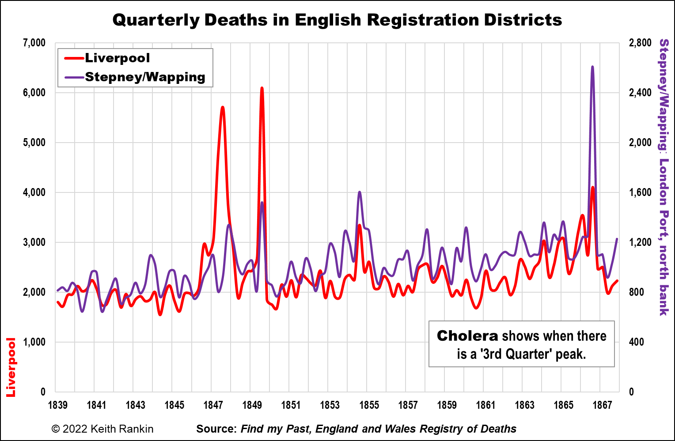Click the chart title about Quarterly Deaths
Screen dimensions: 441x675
click(x=337, y=20)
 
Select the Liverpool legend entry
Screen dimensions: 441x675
click(x=117, y=58)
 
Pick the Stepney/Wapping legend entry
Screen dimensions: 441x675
click(x=145, y=77)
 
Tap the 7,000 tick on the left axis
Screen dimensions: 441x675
click(x=34, y=43)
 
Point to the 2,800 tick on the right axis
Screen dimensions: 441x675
click(x=640, y=43)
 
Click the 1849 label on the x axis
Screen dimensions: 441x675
click(x=252, y=405)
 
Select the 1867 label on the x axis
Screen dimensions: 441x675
click(x=602, y=405)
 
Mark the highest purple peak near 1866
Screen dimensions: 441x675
click(x=592, y=67)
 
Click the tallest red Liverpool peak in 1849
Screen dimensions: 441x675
click(x=262, y=88)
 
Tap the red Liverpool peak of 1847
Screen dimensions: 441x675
click(x=223, y=107)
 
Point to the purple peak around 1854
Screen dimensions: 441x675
click(x=360, y=192)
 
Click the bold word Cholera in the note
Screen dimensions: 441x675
click(x=467, y=336)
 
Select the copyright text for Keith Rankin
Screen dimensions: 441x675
click(x=102, y=429)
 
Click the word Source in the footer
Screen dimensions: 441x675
click(x=216, y=429)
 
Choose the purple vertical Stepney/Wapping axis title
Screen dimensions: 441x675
click(x=664, y=177)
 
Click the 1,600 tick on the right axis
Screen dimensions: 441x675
click(x=640, y=192)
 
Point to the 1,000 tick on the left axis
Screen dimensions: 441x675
click(x=34, y=342)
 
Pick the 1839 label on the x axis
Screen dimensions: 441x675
click(x=58, y=405)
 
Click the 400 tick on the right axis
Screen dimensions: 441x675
click(x=636, y=342)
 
